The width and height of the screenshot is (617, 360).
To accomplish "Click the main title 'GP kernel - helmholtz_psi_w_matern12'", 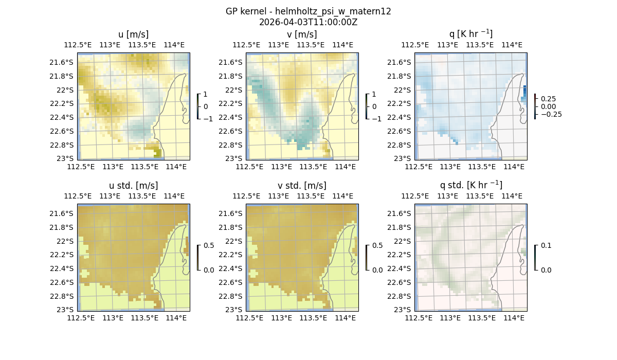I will [x=308, y=11].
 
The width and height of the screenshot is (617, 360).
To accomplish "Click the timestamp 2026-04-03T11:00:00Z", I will [x=308, y=22].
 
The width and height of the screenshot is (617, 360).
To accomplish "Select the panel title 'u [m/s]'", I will [x=133, y=34].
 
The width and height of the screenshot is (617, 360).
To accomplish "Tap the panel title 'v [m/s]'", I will [x=302, y=34].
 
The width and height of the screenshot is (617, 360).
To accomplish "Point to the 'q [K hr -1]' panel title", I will [x=470, y=34].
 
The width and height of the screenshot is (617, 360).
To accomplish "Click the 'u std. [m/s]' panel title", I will [x=133, y=186].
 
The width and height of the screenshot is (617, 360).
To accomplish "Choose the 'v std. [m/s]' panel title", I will [x=302, y=186].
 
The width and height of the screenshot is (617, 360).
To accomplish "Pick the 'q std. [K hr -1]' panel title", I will [x=470, y=185].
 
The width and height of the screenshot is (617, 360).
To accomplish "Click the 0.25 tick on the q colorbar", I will [x=548, y=99].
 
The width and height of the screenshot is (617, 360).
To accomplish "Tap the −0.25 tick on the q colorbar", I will [x=550, y=114].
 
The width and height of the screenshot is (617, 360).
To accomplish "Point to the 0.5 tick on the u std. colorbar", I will [x=209, y=246].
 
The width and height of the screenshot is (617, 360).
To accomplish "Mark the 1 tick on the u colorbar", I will [x=206, y=95].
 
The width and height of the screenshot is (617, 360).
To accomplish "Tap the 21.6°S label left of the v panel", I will [x=231, y=62].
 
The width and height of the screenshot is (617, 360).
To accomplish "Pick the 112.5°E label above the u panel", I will [x=78, y=45].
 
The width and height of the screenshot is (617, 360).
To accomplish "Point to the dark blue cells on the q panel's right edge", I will [x=524, y=94].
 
